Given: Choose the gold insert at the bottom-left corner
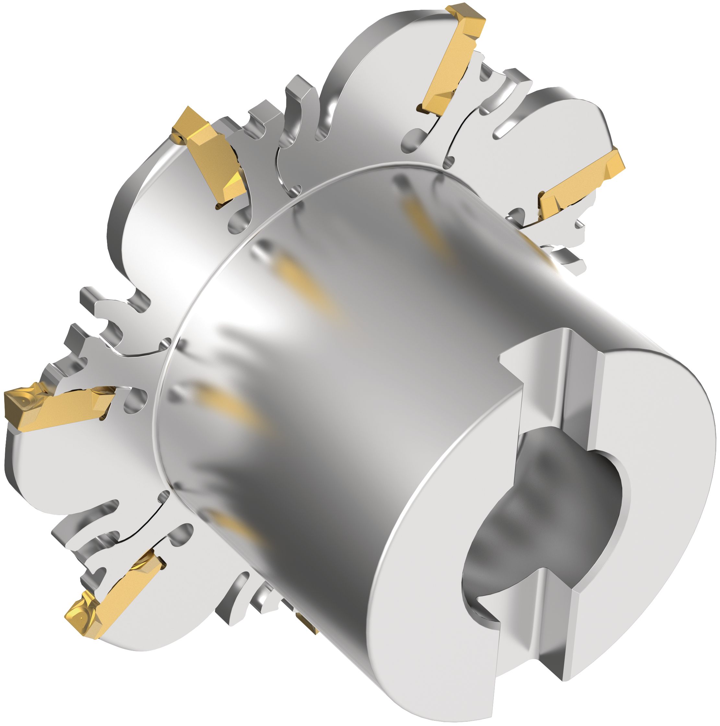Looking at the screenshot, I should tap(112, 594).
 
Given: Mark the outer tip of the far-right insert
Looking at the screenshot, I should tap(616, 162).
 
